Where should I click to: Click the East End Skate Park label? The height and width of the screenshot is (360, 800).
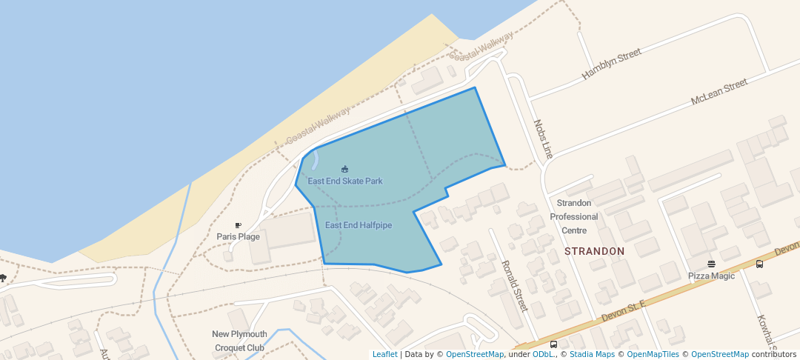coord(345,181)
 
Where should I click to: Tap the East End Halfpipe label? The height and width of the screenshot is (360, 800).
coord(359,225)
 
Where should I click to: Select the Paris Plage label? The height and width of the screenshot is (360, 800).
coord(238,236)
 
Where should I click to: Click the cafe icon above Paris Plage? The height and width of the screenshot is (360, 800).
coord(238,225)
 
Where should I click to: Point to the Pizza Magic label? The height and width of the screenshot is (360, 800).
coord(711,276)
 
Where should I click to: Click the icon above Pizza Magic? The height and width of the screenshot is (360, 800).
coord(711,264)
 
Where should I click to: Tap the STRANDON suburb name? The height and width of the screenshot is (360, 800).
coord(594,251)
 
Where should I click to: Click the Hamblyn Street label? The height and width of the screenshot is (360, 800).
coord(611,64)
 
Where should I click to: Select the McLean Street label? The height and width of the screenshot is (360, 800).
coord(719,93)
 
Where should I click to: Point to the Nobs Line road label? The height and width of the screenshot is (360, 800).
coord(543,139)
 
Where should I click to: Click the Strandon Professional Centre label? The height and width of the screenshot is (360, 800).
coord(573,216)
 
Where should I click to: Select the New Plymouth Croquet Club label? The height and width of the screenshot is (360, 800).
coord(239,341)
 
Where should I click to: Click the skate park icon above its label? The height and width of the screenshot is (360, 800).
coord(344,169)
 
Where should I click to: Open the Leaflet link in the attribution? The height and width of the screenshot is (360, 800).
coord(384,354)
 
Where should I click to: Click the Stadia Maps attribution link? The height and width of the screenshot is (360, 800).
coord(592,354)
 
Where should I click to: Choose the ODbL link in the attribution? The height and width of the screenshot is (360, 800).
coord(544,354)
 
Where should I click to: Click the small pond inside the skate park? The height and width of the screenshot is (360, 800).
coord(314,159)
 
